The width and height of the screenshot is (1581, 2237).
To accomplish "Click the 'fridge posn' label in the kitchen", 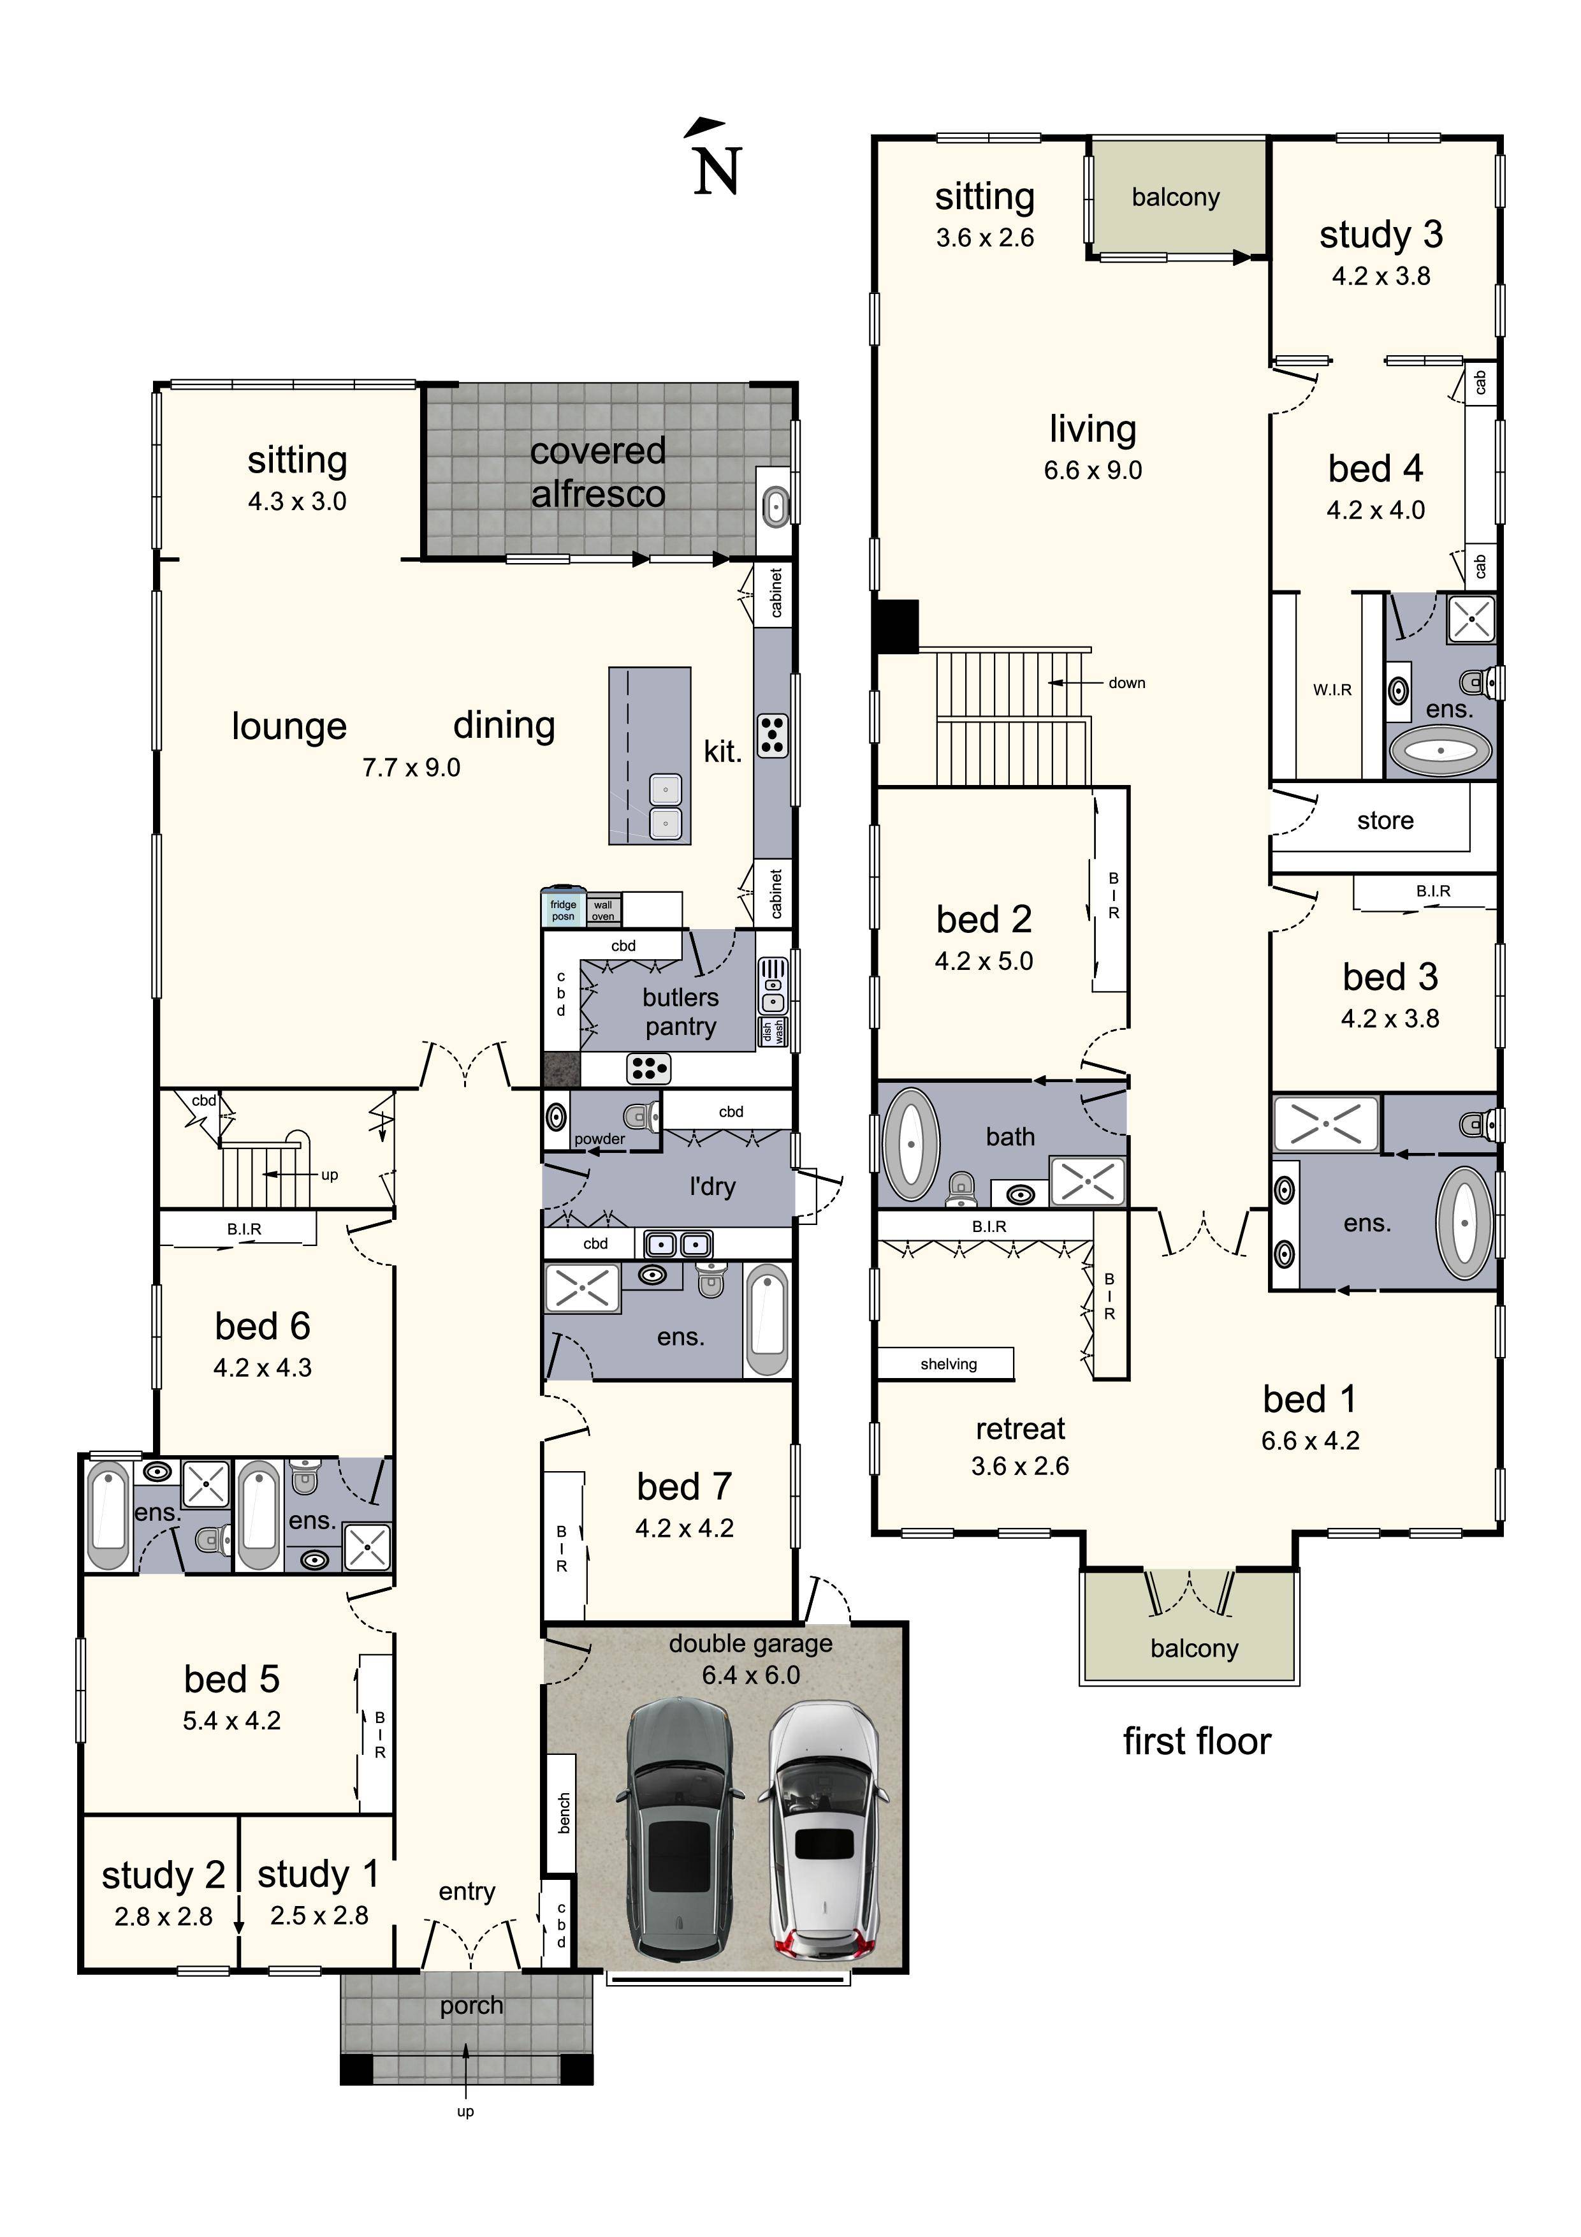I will (563, 910).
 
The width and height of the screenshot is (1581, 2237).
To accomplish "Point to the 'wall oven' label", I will (603, 910).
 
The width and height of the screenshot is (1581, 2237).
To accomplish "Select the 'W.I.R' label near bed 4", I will (1332, 690).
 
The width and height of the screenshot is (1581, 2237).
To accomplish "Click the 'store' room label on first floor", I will (1384, 820).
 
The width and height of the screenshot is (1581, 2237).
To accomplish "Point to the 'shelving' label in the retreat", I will (948, 1364).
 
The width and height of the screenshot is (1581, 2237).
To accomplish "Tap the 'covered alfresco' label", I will (597, 473).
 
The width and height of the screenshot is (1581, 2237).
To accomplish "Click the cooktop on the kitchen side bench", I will (773, 736).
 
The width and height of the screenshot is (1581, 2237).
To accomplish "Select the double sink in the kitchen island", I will (666, 806).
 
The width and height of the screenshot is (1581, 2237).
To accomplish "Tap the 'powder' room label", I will (599, 1138).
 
